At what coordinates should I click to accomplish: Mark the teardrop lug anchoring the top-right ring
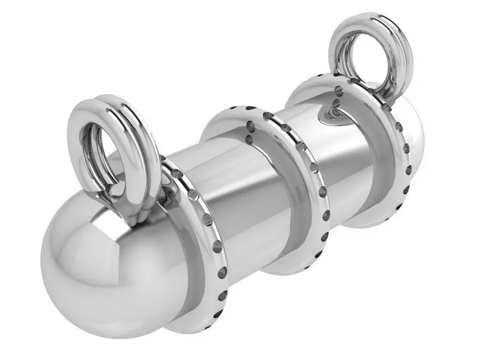(333, 112)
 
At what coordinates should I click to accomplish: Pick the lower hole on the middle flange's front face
(250, 140)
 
